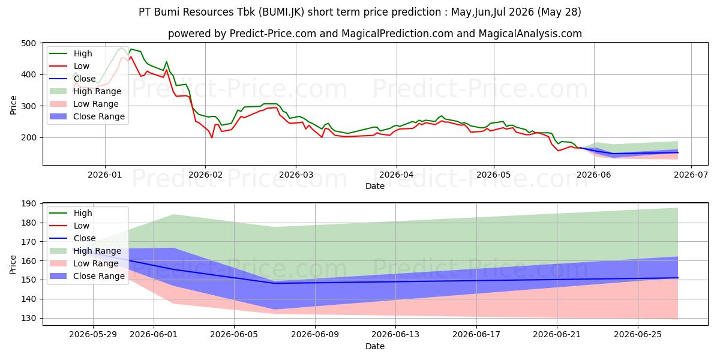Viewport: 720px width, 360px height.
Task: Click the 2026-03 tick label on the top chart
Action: point(296,175)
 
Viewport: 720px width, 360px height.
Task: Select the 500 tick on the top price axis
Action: point(28,43)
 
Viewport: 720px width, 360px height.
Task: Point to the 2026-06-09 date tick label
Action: point(315,335)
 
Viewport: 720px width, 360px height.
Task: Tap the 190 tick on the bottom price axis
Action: point(28,204)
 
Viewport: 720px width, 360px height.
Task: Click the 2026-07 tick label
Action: point(691,175)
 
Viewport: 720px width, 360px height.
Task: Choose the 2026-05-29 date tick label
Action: point(93,335)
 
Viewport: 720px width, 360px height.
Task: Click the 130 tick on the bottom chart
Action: point(28,318)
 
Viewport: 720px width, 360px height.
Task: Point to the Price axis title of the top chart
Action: point(13,105)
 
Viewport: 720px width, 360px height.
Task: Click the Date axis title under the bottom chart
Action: point(375,346)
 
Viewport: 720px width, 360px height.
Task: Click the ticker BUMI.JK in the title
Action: point(281,12)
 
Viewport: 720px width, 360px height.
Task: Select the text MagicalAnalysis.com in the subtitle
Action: point(530,34)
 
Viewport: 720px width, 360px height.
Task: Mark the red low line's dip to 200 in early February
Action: point(212,137)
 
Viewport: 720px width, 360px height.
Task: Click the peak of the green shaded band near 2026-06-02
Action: point(173,215)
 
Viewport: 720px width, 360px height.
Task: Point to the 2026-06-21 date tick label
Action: point(557,335)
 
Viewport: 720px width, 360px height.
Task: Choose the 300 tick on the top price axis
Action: point(28,106)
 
